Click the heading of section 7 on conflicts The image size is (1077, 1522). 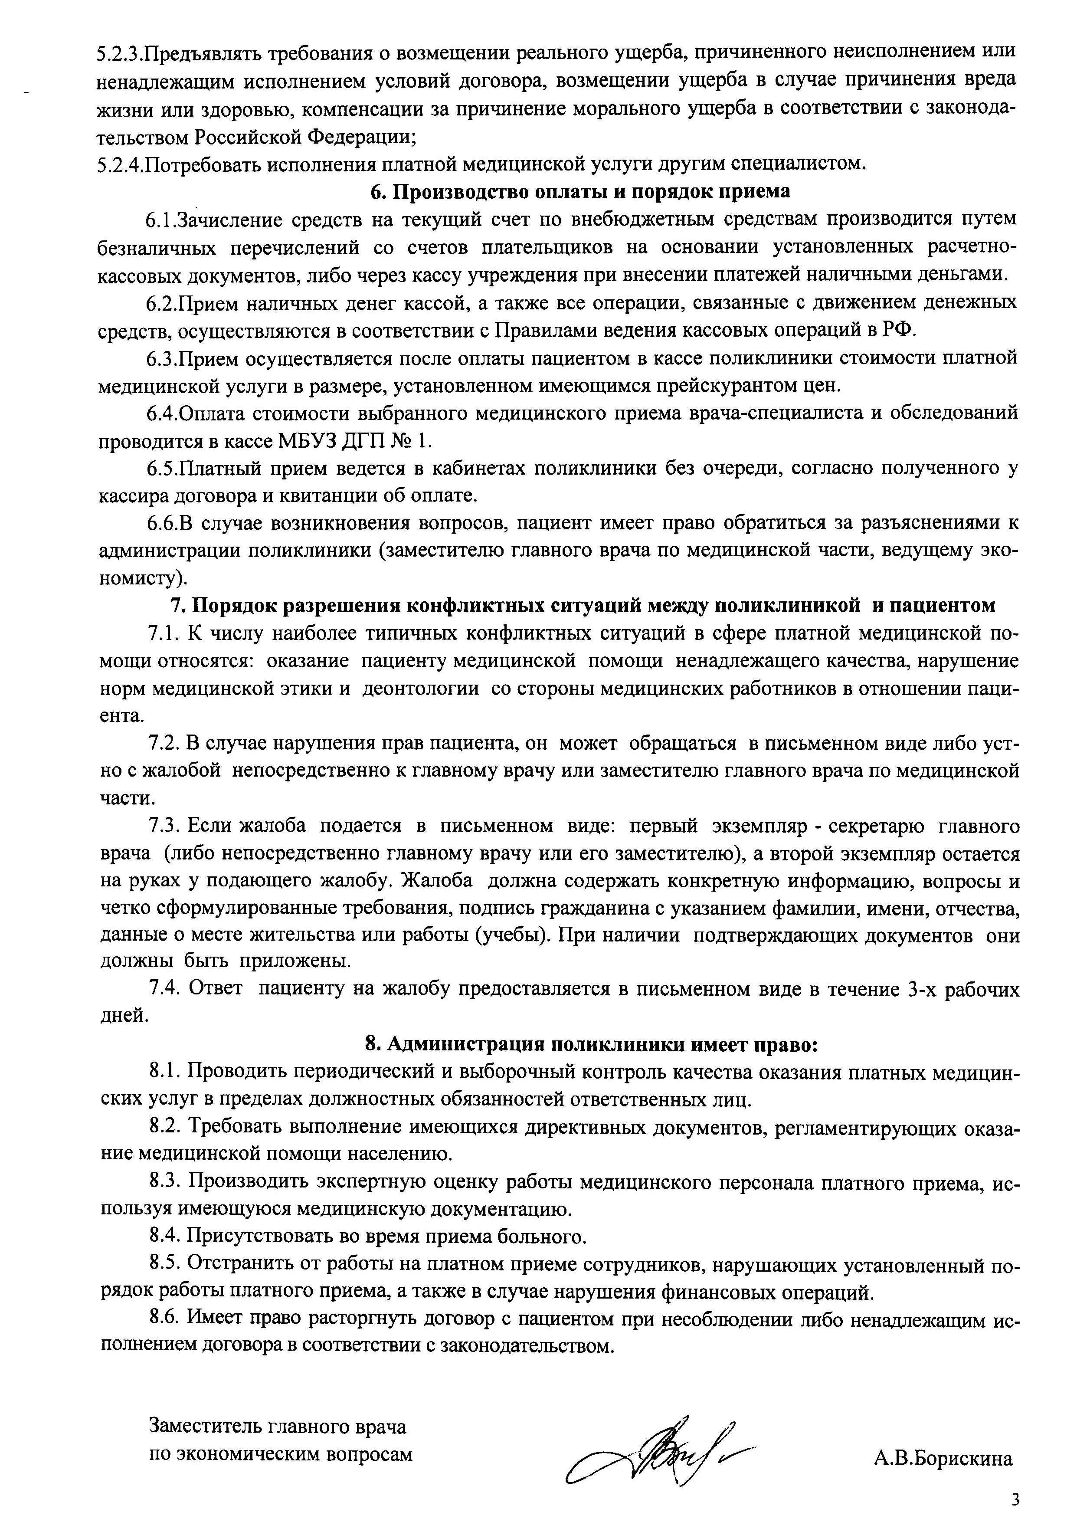(x=583, y=606)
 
